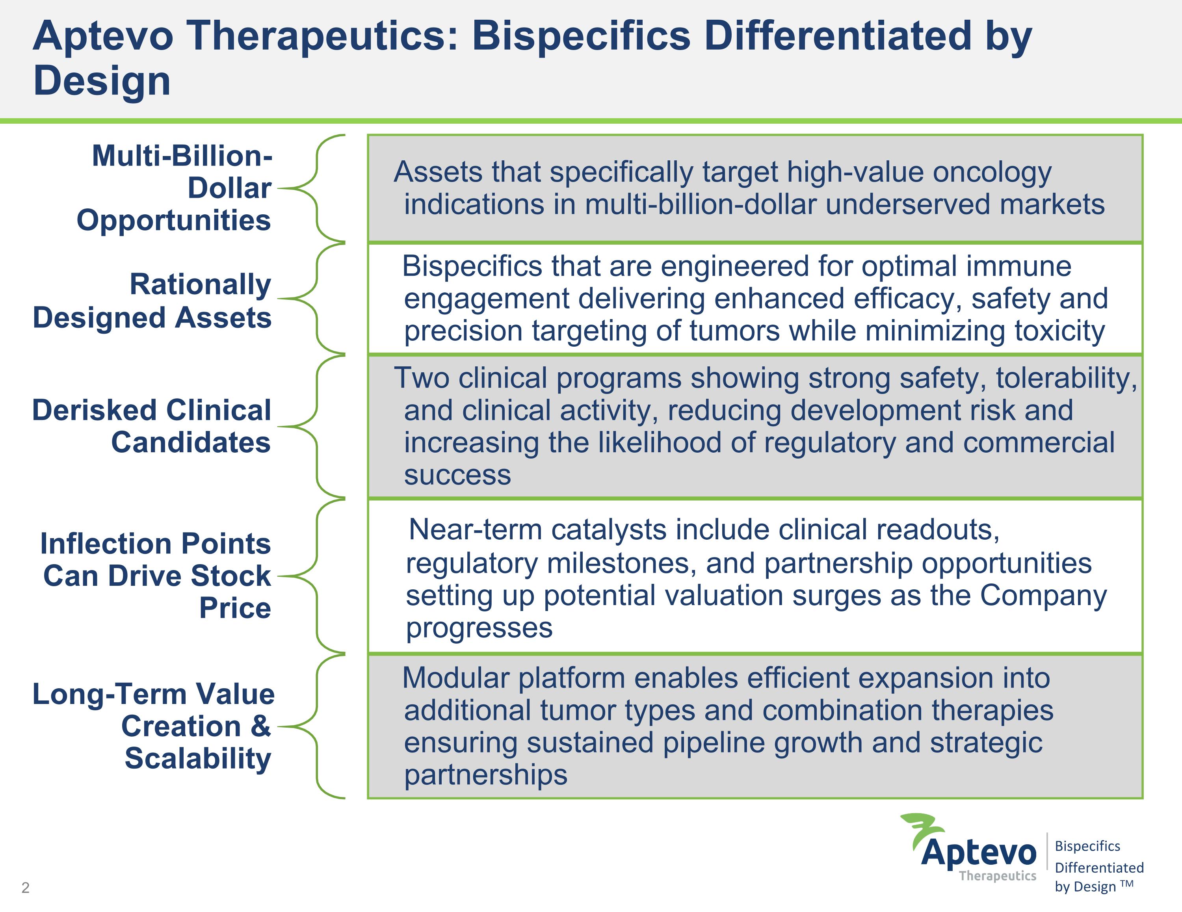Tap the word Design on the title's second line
pos(102,81)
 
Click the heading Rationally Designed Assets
pos(152,301)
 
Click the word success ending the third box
pos(457,475)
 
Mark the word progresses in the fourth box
pos(479,628)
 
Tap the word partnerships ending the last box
pos(485,775)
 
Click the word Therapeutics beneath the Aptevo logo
pos(998,876)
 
